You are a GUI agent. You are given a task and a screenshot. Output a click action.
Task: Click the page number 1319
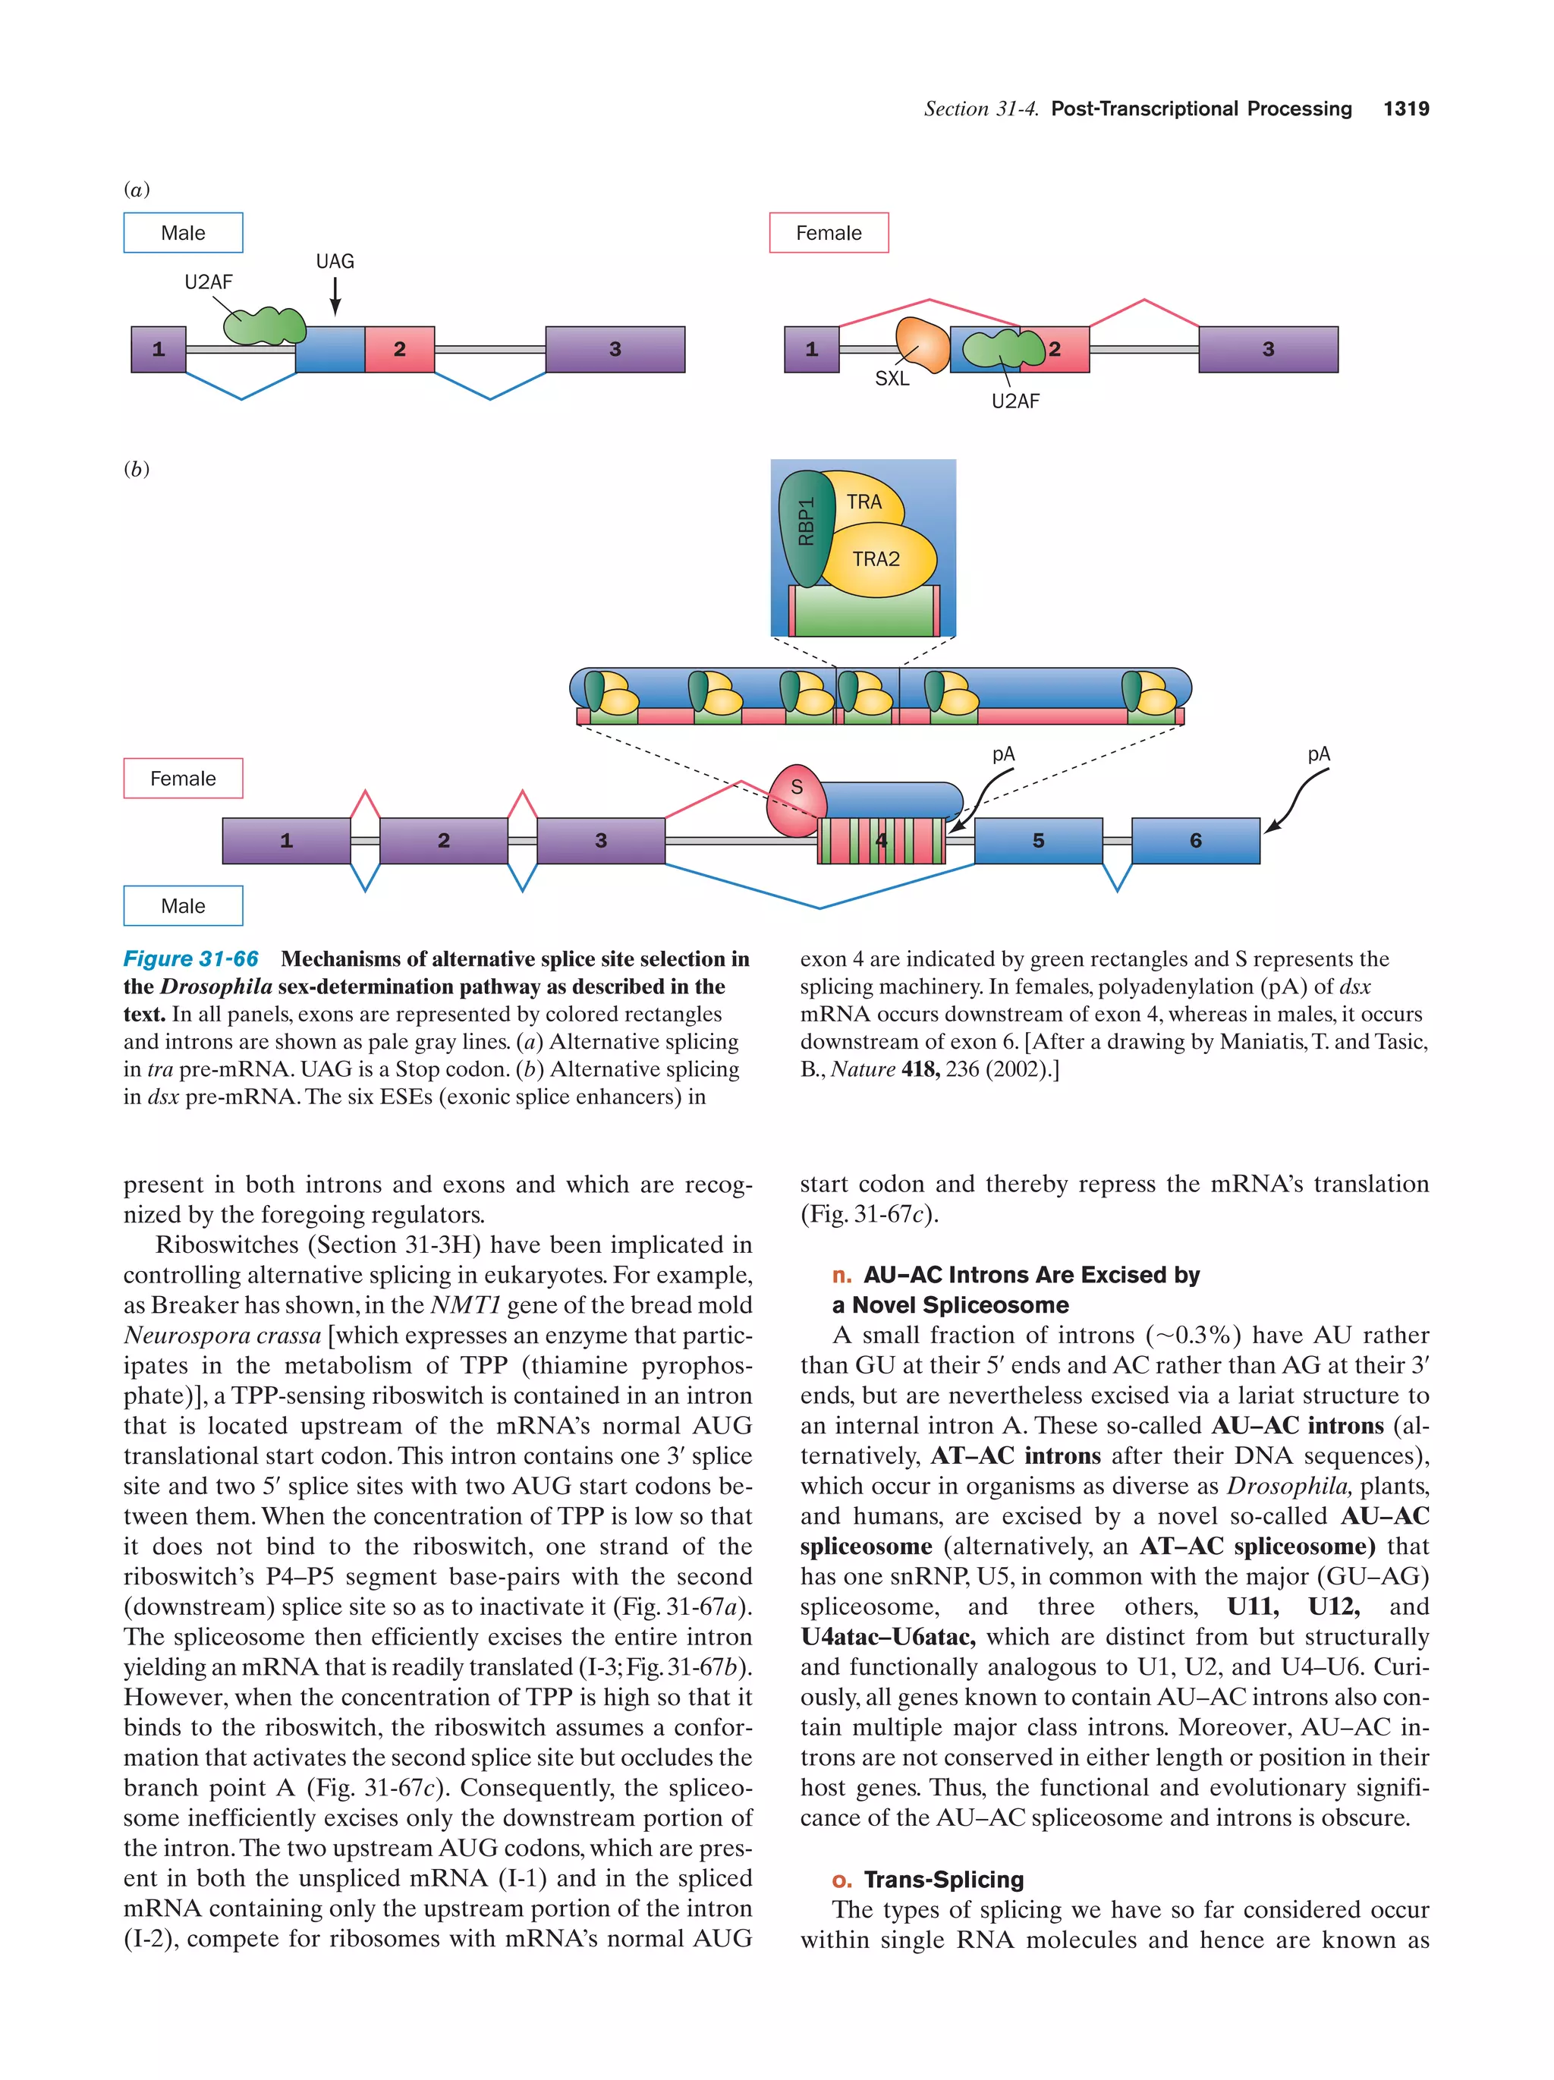coord(1405,109)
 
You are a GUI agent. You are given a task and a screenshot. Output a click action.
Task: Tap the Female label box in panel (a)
coord(829,232)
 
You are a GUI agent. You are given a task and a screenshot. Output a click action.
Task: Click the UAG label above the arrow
coord(335,261)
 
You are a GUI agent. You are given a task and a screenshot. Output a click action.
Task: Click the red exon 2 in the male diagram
coord(400,349)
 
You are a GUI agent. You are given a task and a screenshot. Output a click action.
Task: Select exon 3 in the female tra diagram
coord(1267,349)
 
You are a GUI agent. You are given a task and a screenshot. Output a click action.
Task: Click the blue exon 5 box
coord(1037,840)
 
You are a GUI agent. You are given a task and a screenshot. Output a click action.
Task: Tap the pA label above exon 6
coord(1318,754)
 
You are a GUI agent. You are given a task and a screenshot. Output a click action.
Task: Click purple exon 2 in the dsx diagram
coord(443,840)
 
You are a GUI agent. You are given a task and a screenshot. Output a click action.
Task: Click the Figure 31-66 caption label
coord(191,958)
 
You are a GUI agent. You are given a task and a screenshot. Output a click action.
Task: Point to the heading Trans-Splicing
coord(943,1879)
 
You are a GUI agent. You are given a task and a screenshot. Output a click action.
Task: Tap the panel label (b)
coord(137,468)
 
